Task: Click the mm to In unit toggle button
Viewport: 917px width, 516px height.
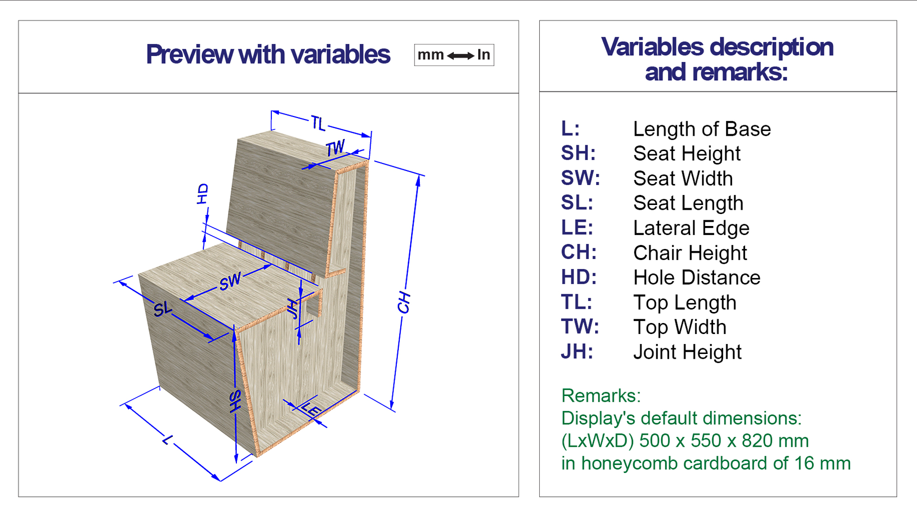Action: pos(454,55)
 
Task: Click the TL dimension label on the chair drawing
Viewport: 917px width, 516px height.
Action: pos(318,123)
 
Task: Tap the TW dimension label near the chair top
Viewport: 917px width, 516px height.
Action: pos(335,148)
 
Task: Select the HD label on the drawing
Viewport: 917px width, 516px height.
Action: pos(203,194)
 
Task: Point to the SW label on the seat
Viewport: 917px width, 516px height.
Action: pos(230,281)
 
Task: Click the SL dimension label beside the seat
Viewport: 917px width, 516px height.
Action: pos(163,309)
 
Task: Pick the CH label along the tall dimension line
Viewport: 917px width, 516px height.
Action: pos(404,302)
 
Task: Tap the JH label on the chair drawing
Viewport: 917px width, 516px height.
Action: pos(292,309)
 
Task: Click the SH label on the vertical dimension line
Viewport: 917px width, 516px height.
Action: pos(235,401)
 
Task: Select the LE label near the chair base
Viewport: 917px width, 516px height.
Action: pos(311,409)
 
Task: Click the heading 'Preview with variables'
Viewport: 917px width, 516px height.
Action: pos(268,54)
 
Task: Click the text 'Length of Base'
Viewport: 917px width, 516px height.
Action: pos(702,129)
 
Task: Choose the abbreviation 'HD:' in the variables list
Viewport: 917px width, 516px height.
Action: pos(578,277)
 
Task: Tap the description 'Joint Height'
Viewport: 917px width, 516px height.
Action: pos(687,352)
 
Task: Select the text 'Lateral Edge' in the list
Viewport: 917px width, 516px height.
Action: pos(691,228)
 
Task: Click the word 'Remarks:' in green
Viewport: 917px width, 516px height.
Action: pos(601,396)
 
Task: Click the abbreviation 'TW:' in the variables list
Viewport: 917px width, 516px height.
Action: pos(580,327)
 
